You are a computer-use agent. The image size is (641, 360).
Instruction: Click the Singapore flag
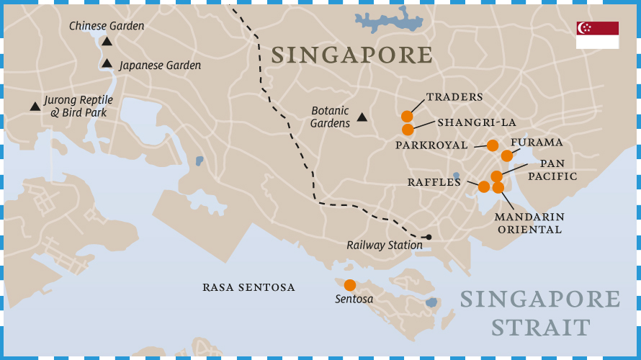pos(597,35)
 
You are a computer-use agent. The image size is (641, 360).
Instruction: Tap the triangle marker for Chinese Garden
pos(107,42)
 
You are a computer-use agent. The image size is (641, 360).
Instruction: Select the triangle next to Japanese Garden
pos(107,64)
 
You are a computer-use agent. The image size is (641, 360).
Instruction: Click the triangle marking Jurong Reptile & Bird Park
pos(35,107)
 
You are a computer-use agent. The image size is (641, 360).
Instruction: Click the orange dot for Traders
pos(407,116)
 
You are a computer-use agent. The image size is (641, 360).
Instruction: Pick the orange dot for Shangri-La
pos(408,130)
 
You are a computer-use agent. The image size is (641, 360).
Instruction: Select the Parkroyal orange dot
pos(493,145)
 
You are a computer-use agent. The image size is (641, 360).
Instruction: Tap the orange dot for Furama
pos(507,156)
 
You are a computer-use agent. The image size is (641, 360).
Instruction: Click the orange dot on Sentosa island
pos(350,285)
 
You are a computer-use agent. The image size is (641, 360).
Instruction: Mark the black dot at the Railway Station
pos(429,237)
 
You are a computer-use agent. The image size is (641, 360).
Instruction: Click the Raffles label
pos(434,183)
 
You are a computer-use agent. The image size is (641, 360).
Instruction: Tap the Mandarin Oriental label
pos(529,223)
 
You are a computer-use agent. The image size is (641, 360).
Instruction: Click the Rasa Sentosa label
pos(248,287)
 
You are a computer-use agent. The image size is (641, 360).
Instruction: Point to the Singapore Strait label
pos(539,313)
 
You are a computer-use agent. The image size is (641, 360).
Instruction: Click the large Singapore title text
pos(351,55)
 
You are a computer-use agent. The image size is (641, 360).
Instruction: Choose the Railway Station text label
pos(384,246)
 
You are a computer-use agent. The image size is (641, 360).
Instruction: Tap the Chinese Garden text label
pos(107,26)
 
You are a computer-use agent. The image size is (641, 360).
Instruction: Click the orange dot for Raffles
pos(484,186)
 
